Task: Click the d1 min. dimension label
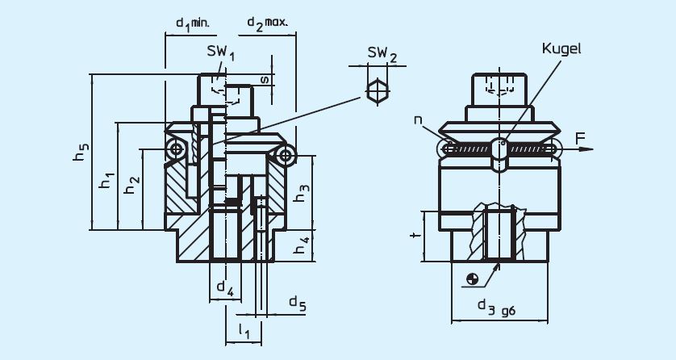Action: click(192, 23)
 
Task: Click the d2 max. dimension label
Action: click(267, 23)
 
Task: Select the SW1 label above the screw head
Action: click(219, 54)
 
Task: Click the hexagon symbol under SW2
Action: click(377, 90)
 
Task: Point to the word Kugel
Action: click(562, 48)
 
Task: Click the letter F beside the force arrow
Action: click(581, 140)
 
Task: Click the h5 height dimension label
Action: click(81, 153)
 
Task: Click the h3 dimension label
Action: click(300, 193)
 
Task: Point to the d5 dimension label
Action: click(297, 303)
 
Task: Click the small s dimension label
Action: click(264, 79)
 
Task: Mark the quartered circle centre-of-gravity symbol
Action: click(473, 279)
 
